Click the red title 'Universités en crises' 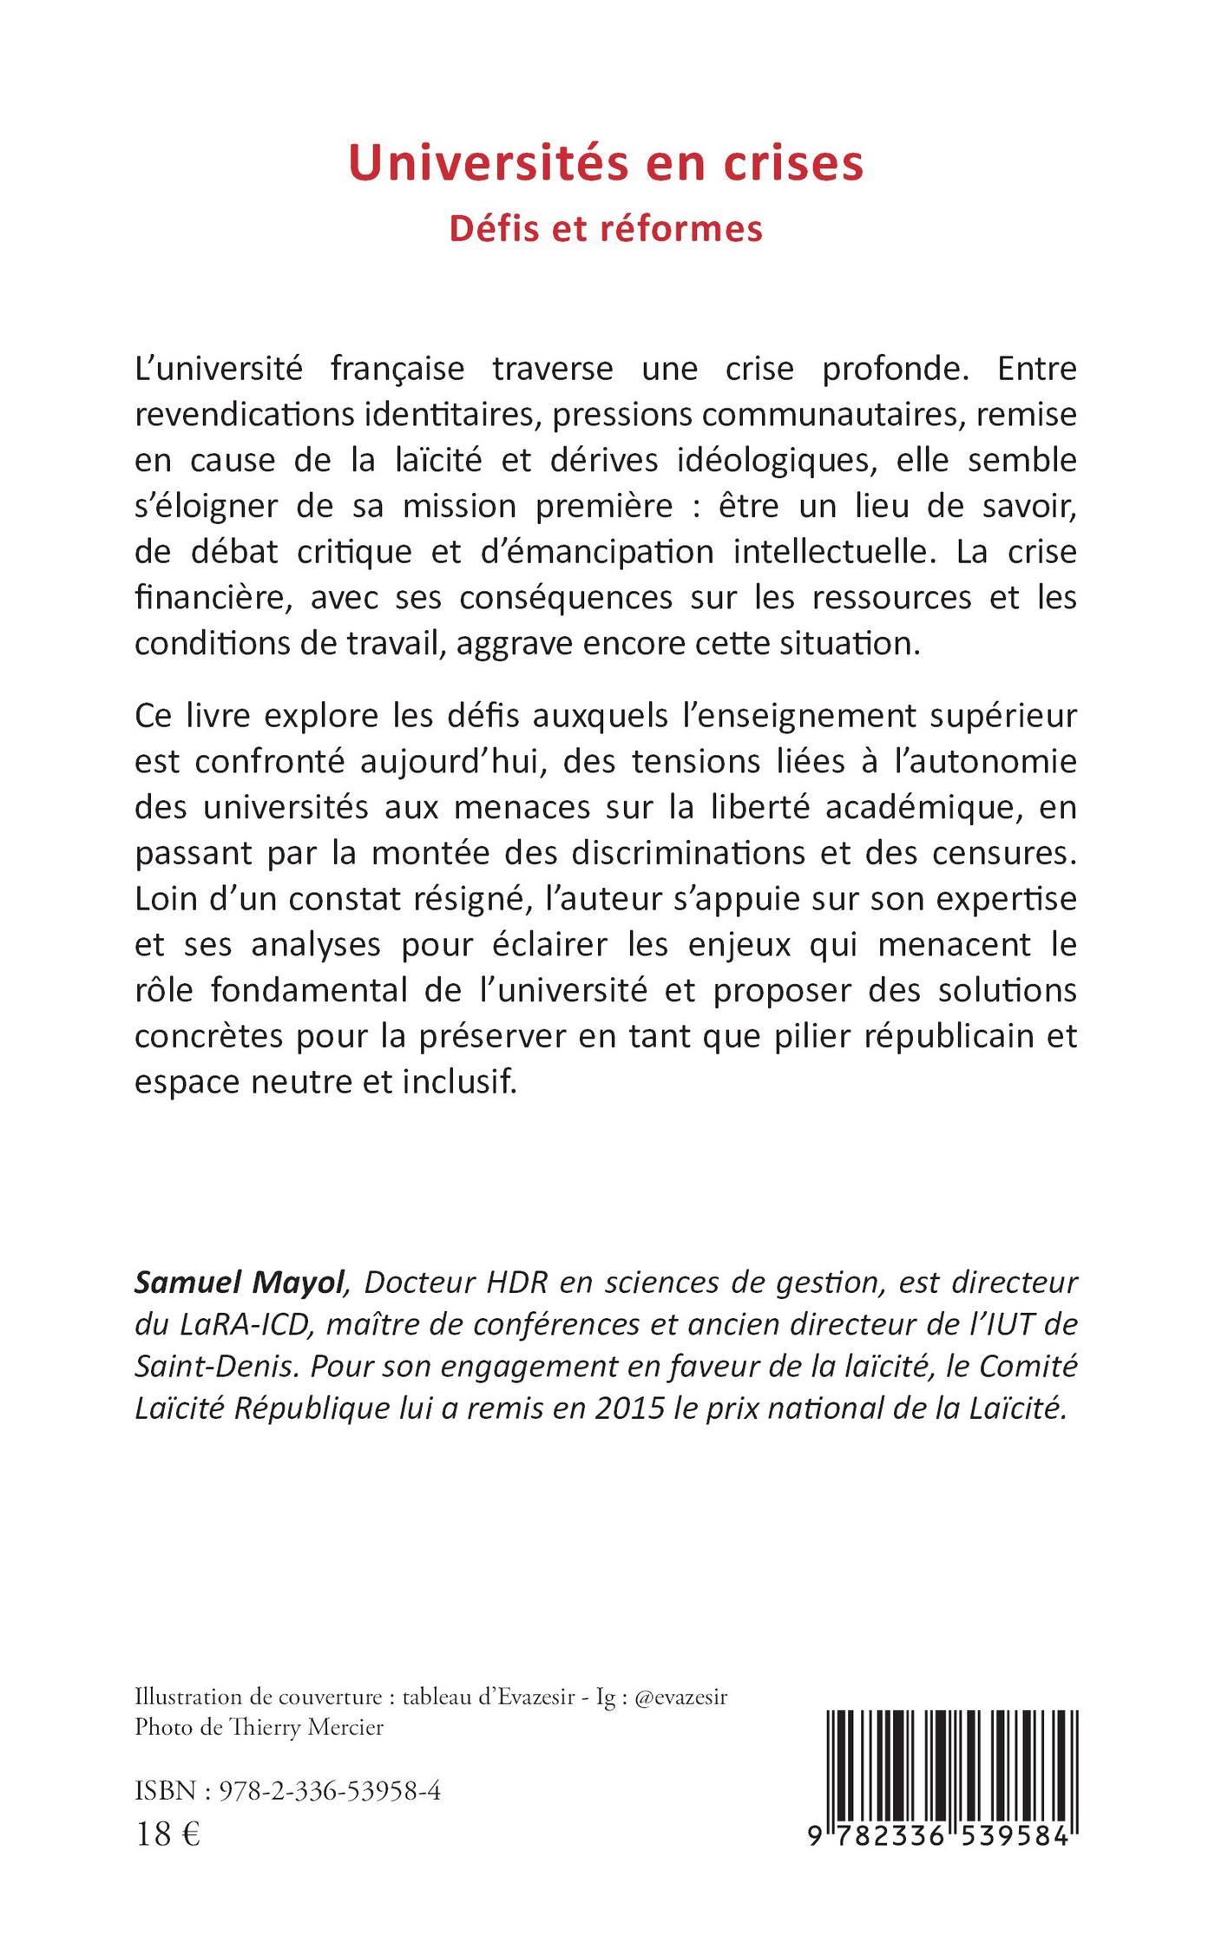[x=606, y=162]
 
